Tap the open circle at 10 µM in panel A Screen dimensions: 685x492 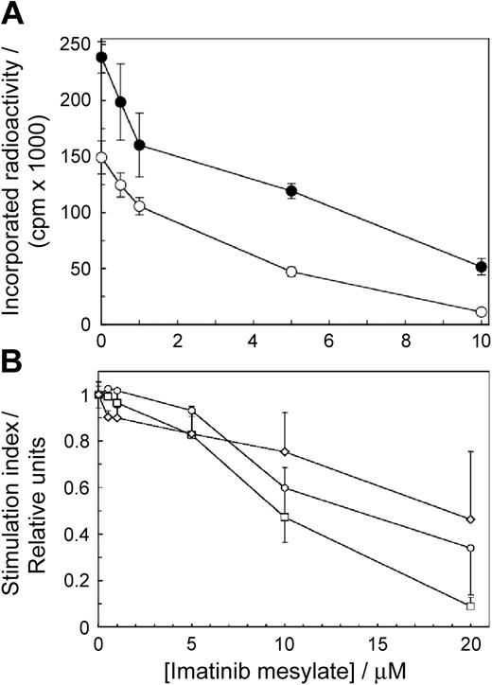pyautogui.click(x=482, y=311)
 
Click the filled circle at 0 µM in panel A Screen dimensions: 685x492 pyautogui.click(x=101, y=57)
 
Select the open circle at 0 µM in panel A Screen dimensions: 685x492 pyautogui.click(x=101, y=158)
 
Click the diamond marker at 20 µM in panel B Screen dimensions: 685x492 pyautogui.click(x=470, y=519)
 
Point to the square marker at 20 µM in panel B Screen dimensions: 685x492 pyautogui.click(x=470, y=606)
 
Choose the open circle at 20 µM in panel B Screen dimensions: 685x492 pyautogui.click(x=470, y=548)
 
